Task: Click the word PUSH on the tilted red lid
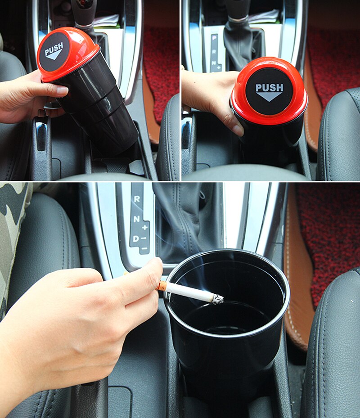[54, 48]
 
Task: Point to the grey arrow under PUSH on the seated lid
[269, 95]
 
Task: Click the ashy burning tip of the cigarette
[218, 298]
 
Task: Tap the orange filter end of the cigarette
[162, 285]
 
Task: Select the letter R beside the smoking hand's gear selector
[137, 198]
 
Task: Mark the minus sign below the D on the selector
[144, 248]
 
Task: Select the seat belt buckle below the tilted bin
[41, 135]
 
